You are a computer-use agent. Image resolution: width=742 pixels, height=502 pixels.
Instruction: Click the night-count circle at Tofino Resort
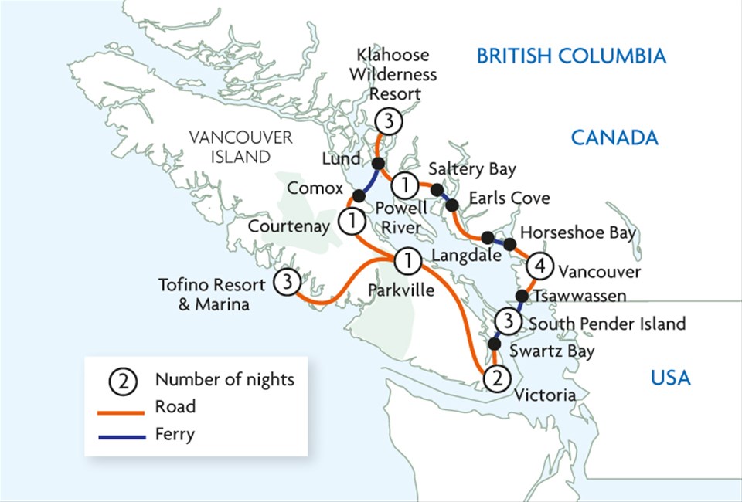coord(287,283)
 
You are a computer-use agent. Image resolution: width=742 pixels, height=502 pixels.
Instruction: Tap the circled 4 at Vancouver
coord(540,267)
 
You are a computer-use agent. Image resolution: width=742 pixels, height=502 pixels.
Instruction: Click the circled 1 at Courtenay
coord(352,222)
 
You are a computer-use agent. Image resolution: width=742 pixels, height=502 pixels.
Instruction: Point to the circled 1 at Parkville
coord(404,260)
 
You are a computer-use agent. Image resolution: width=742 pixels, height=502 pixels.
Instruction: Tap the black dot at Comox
coord(359,195)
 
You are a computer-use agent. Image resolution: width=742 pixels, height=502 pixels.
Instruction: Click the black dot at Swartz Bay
coord(495,344)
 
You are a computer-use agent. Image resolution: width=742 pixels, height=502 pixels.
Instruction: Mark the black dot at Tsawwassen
coord(522,296)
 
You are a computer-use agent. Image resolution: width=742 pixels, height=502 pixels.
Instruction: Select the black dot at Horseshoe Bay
coord(510,244)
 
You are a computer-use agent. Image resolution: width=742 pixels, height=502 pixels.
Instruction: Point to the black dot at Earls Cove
coord(453,205)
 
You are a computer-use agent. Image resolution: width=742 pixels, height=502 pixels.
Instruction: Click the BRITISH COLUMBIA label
coord(570,56)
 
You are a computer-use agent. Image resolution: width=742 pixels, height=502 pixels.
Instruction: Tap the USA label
coord(669,378)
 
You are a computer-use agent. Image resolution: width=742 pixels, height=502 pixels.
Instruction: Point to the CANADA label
coord(614,137)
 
